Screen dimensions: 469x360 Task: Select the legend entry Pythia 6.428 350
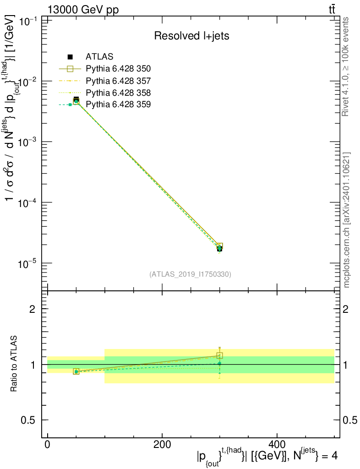(x=118, y=69)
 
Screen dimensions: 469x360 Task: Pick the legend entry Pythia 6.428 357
(x=118, y=81)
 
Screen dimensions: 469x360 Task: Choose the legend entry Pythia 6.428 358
(x=118, y=93)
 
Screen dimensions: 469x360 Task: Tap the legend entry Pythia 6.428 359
(x=118, y=104)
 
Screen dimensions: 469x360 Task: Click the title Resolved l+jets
(x=191, y=36)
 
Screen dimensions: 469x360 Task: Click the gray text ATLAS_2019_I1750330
(x=190, y=275)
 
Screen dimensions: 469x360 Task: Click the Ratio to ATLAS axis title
(x=15, y=365)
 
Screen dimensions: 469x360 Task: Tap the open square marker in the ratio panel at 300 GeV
(x=220, y=355)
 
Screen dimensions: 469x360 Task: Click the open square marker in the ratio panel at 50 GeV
(x=76, y=371)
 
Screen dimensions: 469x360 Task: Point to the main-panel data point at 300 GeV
(x=220, y=248)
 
